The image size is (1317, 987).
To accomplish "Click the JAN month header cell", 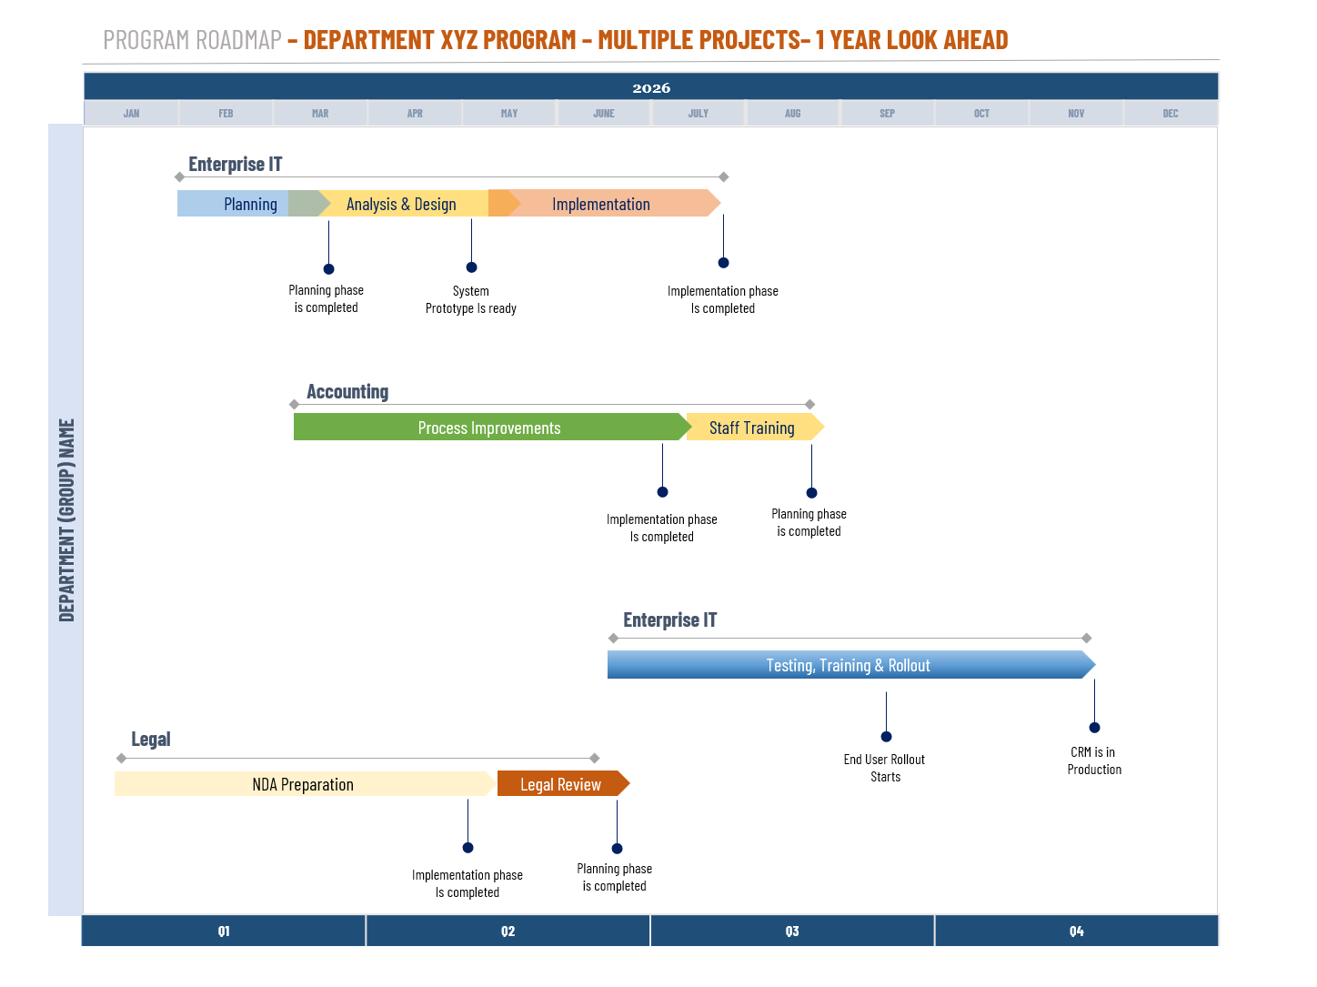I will pyautogui.click(x=132, y=114).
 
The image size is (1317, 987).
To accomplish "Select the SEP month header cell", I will pyautogui.click(x=887, y=114).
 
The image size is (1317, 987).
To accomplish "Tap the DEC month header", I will pyautogui.click(x=1170, y=114).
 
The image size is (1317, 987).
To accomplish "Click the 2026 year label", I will pyautogui.click(x=651, y=88).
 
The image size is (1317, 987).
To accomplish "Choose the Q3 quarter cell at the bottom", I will pyautogui.click(x=792, y=932).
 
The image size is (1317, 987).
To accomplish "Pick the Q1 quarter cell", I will pyautogui.click(x=224, y=932).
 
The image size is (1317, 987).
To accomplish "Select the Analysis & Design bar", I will pyautogui.click(x=401, y=204).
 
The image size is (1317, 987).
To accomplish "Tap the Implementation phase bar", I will pyautogui.click(x=601, y=204).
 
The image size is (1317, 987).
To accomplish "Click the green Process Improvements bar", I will pyautogui.click(x=489, y=428).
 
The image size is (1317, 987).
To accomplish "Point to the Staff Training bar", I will pyautogui.click(x=752, y=428).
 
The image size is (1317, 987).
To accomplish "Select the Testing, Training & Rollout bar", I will pyautogui.click(x=848, y=665).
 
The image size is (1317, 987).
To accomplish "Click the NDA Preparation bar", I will pyautogui.click(x=303, y=784).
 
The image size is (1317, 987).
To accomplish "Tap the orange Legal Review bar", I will pyautogui.click(x=560, y=784).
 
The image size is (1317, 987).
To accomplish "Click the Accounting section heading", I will pyautogui.click(x=347, y=392).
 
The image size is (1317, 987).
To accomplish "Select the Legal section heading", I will pyautogui.click(x=151, y=740).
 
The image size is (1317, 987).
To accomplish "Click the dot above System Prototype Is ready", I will pyautogui.click(x=471, y=267).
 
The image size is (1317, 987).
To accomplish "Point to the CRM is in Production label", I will pyautogui.click(x=1094, y=760).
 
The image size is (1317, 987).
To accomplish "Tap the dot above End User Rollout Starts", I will pyautogui.click(x=886, y=737).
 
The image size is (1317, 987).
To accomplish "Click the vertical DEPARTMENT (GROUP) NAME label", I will pyautogui.click(x=66, y=519).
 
